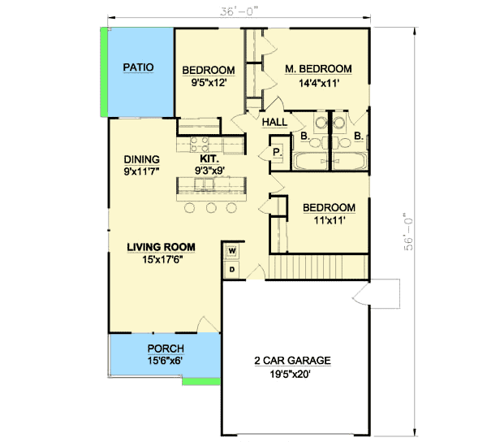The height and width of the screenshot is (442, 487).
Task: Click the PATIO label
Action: click(139, 67)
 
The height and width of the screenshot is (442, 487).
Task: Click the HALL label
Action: click(274, 122)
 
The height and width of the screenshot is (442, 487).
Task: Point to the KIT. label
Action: click(209, 159)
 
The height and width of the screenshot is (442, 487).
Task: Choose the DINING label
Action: click(141, 159)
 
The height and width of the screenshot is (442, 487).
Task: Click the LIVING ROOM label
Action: click(163, 246)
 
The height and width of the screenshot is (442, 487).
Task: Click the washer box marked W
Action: click(231, 251)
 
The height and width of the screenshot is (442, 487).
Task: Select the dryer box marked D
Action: click(231, 269)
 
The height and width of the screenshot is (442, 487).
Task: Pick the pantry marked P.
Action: click(275, 152)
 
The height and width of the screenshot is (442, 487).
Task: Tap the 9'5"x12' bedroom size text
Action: click(208, 81)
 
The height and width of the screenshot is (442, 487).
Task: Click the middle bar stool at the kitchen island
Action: click(211, 208)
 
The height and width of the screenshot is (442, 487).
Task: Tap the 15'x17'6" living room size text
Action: click(163, 259)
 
